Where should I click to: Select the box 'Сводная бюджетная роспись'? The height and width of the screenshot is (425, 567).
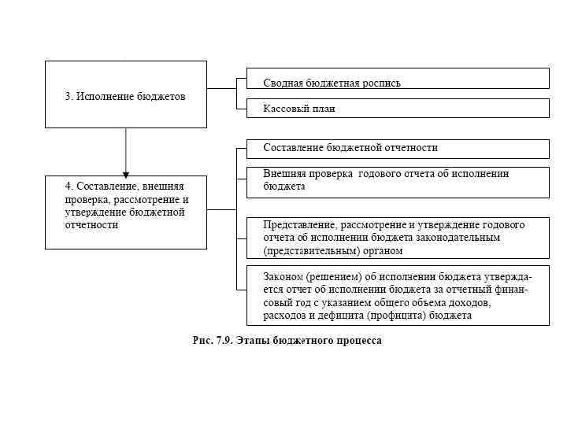(398, 78)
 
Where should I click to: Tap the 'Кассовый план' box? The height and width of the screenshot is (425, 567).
(398, 108)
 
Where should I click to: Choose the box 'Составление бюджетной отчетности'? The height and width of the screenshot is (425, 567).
(398, 149)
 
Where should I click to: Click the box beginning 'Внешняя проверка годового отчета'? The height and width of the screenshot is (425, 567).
(398, 182)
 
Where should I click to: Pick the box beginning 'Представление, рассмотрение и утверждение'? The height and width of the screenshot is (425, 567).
(398, 238)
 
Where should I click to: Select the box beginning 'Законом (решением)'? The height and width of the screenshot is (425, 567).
(398, 296)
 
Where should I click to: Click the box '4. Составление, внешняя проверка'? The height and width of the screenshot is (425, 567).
(126, 212)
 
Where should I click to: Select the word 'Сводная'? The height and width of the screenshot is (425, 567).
(283, 83)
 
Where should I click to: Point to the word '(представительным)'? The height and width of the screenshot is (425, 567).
(309, 251)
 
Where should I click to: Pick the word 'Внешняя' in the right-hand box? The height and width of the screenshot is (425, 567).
(284, 174)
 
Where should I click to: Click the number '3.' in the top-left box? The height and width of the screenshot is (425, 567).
(69, 97)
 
